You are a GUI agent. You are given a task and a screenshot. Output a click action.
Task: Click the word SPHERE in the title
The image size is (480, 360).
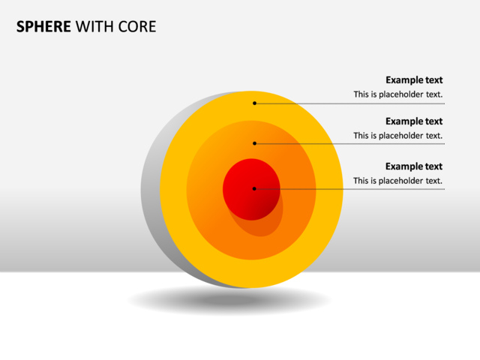click(x=43, y=27)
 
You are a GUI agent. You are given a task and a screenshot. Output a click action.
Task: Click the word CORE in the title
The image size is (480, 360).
click(x=139, y=27)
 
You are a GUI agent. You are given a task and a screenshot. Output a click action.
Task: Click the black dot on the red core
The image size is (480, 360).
click(x=254, y=189)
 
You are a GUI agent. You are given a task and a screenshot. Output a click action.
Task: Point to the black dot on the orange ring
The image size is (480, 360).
click(x=254, y=143)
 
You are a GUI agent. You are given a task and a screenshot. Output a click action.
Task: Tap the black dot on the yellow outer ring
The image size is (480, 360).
click(x=254, y=103)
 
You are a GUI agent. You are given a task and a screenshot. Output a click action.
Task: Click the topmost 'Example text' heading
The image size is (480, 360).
click(x=414, y=80)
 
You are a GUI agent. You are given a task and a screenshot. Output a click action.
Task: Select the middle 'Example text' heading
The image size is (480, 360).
click(x=414, y=121)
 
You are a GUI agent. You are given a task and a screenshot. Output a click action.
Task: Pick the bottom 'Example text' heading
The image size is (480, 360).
click(x=414, y=166)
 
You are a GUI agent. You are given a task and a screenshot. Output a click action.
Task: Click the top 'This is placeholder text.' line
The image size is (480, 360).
click(x=398, y=94)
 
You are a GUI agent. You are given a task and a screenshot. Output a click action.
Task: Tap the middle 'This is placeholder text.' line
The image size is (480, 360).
click(x=398, y=136)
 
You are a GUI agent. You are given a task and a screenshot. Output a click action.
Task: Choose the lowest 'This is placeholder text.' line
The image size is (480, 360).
click(x=398, y=181)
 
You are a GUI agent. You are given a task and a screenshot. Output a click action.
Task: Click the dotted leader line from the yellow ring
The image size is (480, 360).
click(x=375, y=103)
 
